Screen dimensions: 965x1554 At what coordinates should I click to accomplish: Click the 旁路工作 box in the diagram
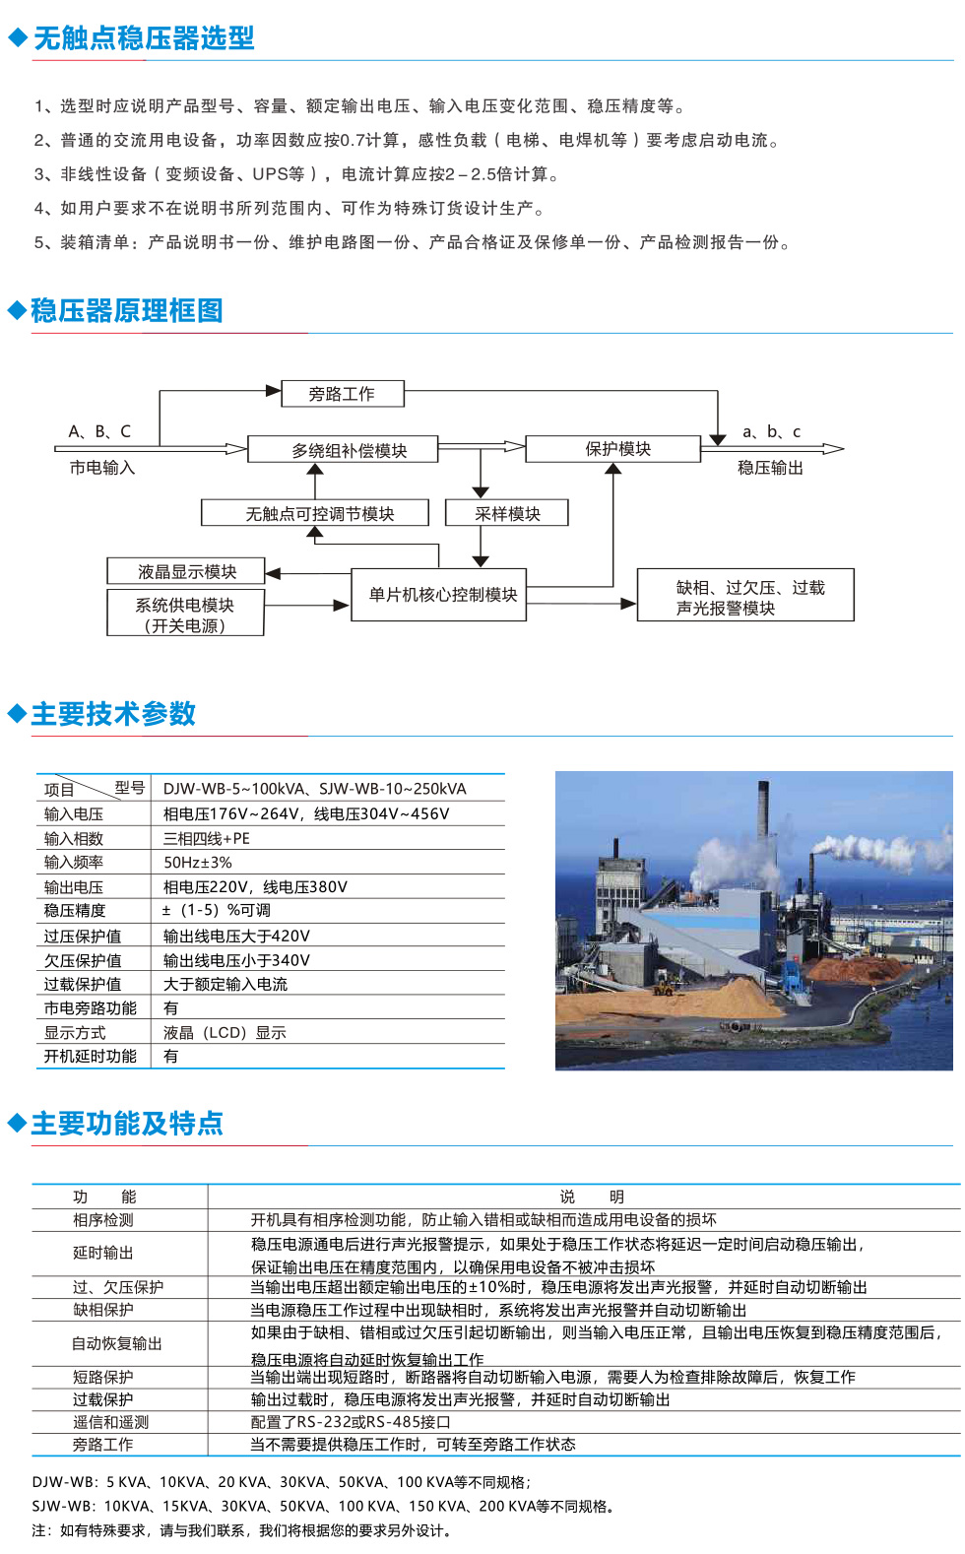pos(343,393)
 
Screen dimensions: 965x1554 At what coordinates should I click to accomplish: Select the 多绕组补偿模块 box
pos(343,449)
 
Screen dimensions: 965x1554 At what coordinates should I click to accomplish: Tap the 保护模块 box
pos(613,449)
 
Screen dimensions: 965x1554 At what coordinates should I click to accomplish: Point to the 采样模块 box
pos(507,513)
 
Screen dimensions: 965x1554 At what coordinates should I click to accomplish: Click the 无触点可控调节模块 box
pos(315,513)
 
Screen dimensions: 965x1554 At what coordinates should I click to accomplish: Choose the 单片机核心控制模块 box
pos(439,595)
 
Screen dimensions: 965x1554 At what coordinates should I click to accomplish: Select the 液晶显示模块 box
pos(186,571)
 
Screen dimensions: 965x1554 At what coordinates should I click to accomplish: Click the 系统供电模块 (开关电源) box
pos(185,613)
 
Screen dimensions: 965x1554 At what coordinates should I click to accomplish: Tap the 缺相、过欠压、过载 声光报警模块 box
pos(745,595)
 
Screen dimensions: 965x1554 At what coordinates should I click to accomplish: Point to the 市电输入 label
pos(102,469)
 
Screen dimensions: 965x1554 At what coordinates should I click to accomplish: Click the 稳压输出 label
pos(770,469)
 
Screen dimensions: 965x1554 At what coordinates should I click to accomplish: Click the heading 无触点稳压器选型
pos(145,38)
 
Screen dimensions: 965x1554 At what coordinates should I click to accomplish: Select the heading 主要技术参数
pos(114,714)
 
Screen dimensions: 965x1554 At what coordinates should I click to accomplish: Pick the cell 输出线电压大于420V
pos(236,936)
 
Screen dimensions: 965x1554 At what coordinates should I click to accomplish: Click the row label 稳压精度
pos(75,910)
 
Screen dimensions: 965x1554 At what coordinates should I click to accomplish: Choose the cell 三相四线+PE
pos(206,838)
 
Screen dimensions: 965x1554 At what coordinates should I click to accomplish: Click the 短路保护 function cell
pos(102,1377)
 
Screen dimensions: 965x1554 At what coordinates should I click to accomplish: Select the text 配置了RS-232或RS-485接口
pos(351,1422)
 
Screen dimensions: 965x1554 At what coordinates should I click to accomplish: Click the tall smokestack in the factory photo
pos(763,810)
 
